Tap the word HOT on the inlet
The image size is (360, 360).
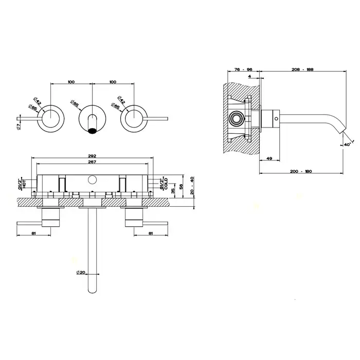23,184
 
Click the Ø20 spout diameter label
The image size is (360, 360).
80,272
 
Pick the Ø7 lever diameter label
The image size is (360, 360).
18,124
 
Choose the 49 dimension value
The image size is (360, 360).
268,159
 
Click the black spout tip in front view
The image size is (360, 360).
93,130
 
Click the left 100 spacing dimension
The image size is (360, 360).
71,82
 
